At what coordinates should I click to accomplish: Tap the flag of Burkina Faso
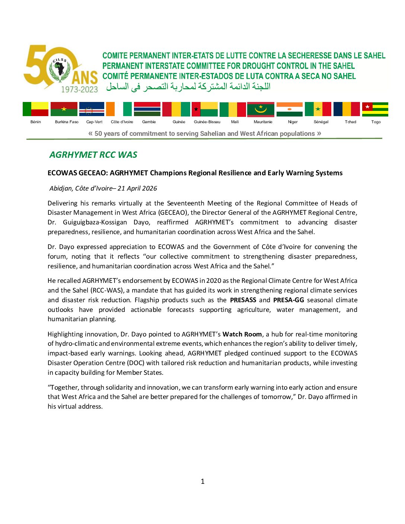pos(64,109)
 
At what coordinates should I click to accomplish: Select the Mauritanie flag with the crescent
pos(261,109)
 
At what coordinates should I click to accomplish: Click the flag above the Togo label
pos(375,109)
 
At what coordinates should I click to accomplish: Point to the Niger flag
pos(289,109)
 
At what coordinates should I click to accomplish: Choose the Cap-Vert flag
pos(92,109)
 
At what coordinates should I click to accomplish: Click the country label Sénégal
pos(321,122)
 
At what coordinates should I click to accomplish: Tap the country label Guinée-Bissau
pos(207,122)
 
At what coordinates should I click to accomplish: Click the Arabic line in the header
pos(188,87)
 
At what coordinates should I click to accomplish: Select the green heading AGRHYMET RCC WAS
pos(93,155)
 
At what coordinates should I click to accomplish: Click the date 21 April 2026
pos(137,188)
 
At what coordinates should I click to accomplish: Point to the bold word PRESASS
pos(243,300)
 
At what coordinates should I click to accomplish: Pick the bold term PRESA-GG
pos(288,300)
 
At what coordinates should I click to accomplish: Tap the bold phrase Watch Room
pos(242,334)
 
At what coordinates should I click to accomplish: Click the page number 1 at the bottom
pos(202,482)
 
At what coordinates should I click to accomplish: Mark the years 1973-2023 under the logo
pos(79,89)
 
